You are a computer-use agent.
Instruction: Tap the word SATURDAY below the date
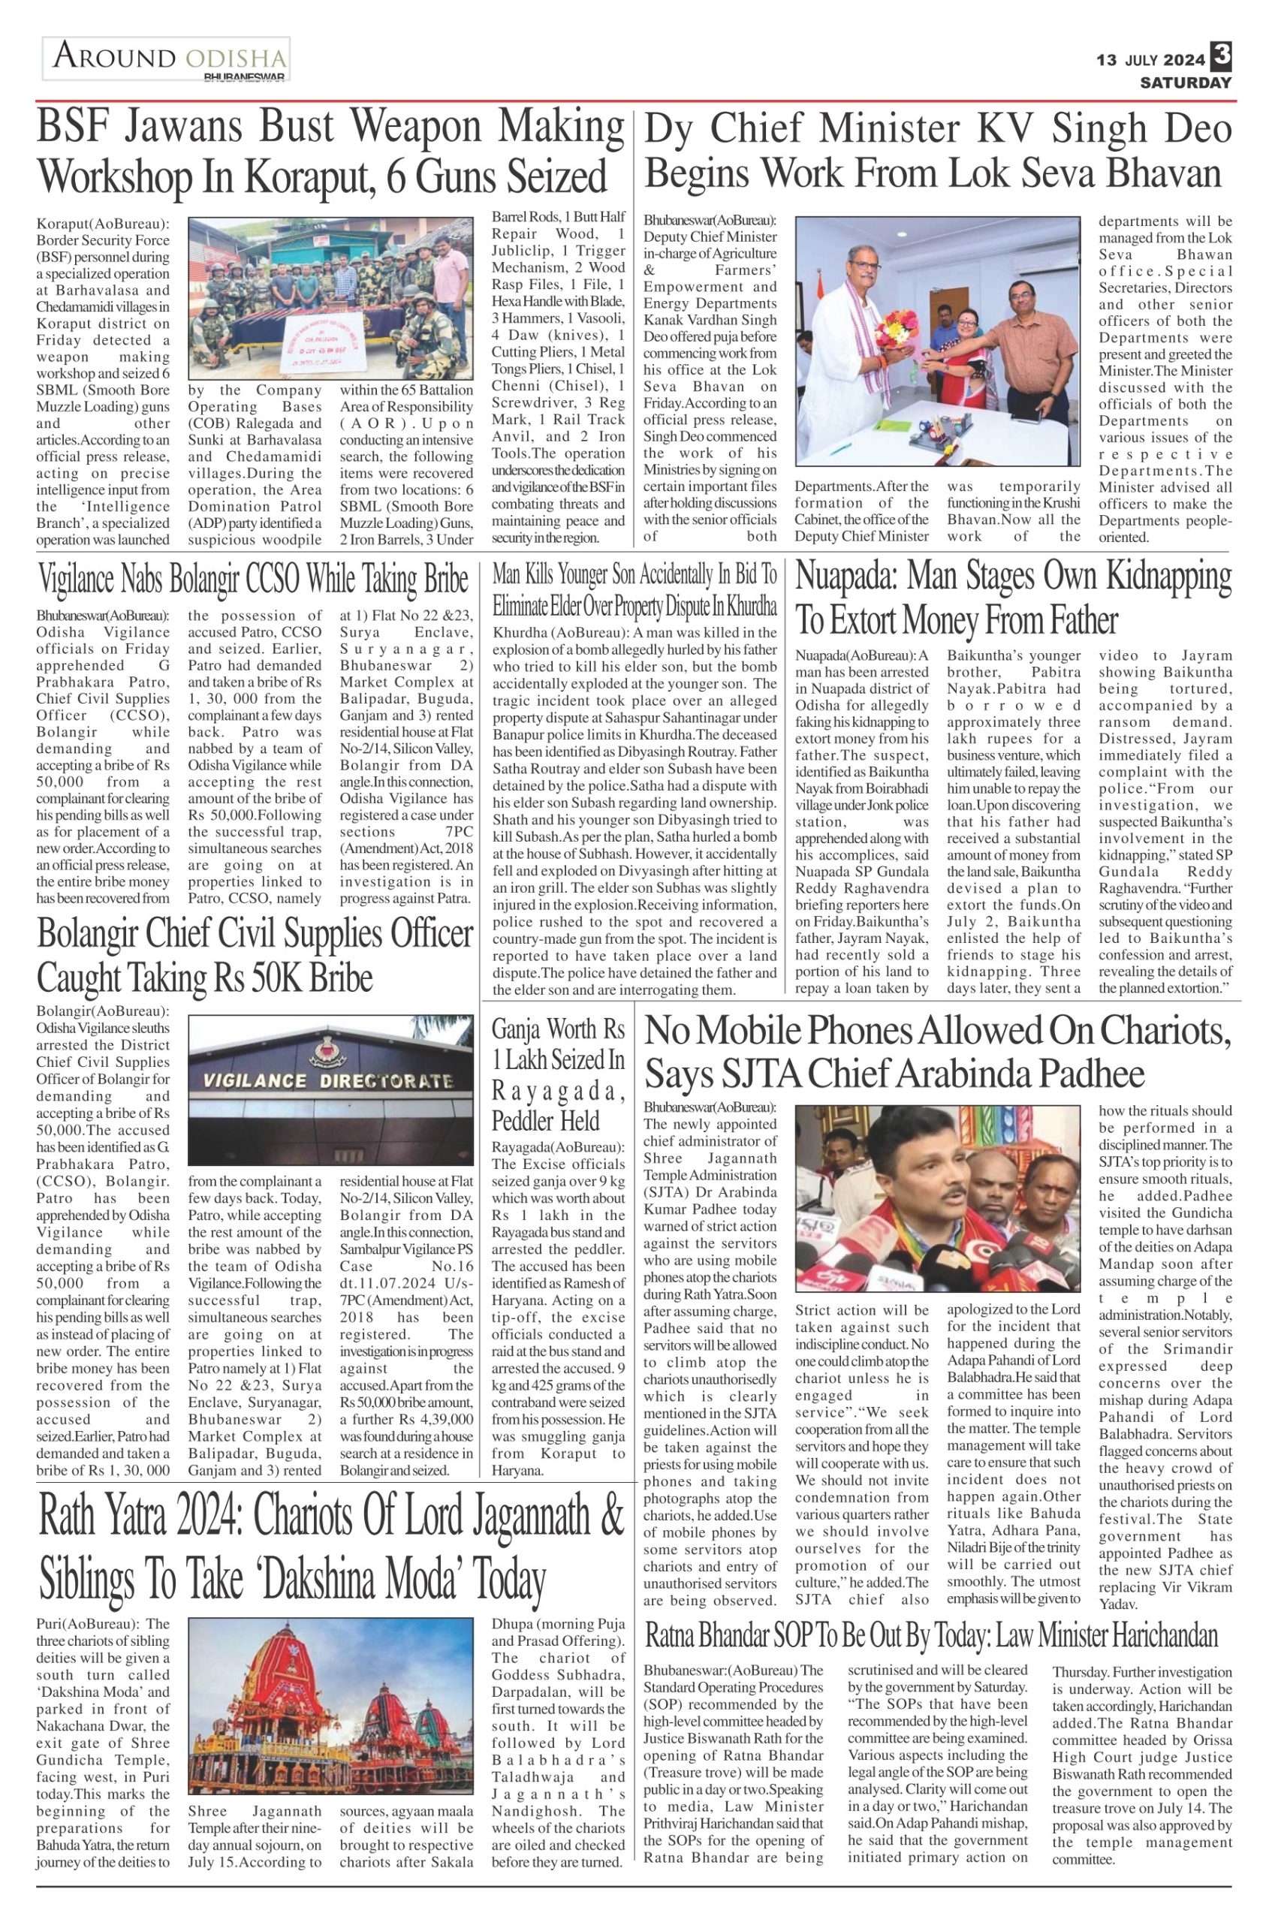pos(1185,83)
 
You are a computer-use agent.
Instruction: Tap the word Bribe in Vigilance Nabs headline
pos(438,580)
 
